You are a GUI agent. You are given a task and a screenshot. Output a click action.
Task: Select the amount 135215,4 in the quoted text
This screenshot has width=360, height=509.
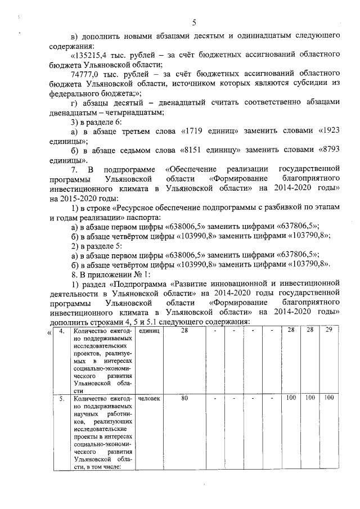click(x=90, y=56)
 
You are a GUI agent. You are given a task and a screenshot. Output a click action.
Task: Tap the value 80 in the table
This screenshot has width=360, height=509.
click(x=184, y=398)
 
